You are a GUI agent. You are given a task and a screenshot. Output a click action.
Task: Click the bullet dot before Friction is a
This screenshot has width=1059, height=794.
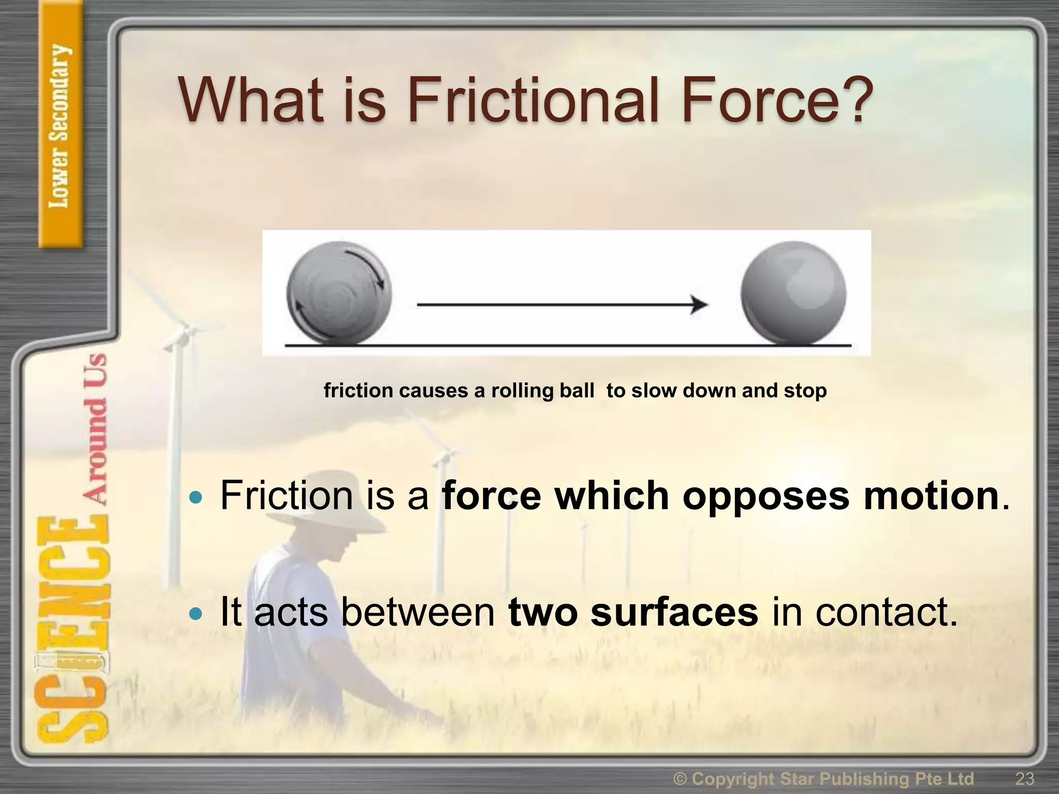[x=196, y=498]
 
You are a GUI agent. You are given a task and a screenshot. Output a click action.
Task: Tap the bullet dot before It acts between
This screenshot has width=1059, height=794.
[x=196, y=614]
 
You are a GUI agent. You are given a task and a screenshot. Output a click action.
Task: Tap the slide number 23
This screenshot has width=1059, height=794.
[x=1024, y=778]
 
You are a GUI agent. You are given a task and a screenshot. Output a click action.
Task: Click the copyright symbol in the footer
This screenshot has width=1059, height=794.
[x=680, y=778]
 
